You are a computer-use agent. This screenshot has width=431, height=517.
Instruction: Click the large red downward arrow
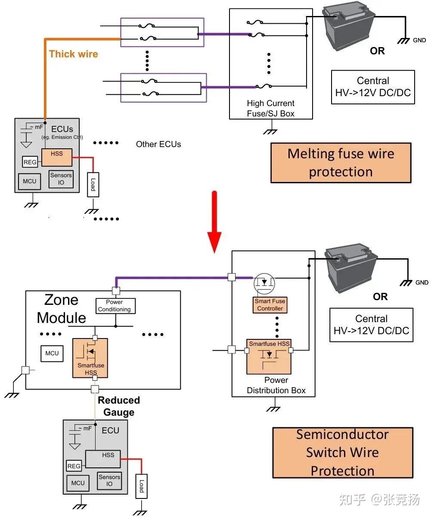(x=214, y=222)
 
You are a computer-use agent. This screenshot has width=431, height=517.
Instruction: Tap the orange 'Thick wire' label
(x=74, y=54)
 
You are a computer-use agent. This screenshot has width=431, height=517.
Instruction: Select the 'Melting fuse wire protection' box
(x=341, y=163)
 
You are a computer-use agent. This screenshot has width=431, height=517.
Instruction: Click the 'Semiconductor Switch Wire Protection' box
(x=342, y=452)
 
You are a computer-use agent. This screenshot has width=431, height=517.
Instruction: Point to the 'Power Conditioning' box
(x=115, y=306)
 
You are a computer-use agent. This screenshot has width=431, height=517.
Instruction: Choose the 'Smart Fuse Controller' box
(x=270, y=305)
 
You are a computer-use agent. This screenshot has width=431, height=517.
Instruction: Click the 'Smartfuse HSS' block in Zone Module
(x=90, y=358)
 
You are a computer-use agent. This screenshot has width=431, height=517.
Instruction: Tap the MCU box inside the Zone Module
(x=52, y=354)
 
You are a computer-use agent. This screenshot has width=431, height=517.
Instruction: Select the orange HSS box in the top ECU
(x=57, y=157)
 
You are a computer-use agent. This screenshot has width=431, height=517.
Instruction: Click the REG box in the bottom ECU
(x=74, y=466)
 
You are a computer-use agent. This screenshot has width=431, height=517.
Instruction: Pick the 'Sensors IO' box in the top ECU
(x=61, y=179)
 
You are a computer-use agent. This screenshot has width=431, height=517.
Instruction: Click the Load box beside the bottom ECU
(x=142, y=486)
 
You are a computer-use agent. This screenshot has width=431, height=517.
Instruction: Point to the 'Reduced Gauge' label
(x=119, y=406)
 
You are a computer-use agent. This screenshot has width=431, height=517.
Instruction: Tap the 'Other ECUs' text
(x=158, y=144)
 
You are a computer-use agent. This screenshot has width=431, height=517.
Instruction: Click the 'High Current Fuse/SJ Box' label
(x=271, y=108)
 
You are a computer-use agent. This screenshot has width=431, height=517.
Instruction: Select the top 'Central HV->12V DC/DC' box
(x=373, y=87)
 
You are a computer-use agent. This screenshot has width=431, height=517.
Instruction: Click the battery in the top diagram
(x=348, y=28)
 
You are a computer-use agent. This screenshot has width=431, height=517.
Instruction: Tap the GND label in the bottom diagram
(x=422, y=282)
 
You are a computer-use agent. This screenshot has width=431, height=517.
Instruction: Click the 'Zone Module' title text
(x=62, y=309)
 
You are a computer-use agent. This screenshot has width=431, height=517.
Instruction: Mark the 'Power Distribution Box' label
(x=276, y=385)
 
